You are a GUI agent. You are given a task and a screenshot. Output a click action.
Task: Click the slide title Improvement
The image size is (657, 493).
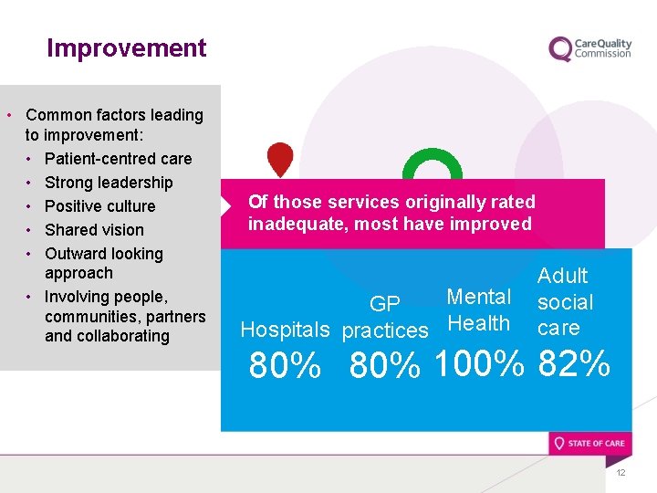[126, 48]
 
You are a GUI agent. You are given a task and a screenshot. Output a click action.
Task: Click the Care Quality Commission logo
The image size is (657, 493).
[589, 48]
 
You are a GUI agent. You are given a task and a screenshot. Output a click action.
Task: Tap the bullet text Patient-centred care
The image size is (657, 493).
[118, 159]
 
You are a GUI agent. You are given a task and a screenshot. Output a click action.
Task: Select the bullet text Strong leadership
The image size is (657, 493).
[108, 183]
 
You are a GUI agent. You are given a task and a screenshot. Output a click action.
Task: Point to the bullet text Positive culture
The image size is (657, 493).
[99, 206]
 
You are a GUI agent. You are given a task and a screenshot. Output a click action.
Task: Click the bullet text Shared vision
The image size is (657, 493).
[94, 230]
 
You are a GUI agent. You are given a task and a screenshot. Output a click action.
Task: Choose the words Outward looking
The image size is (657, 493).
[103, 254]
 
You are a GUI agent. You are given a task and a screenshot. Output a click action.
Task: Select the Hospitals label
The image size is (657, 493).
[285, 330]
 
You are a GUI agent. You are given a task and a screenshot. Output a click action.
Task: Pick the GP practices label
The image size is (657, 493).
[384, 318]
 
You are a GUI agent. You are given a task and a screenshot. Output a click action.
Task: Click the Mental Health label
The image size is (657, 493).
[478, 309]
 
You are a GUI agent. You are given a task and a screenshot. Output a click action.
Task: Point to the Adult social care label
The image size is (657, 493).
[564, 301]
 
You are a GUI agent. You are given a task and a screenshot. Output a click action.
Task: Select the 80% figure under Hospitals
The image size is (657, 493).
[285, 367]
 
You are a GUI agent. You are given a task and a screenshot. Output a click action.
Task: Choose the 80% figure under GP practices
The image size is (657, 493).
[384, 367]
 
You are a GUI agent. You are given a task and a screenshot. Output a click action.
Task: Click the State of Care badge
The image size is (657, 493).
[589, 444]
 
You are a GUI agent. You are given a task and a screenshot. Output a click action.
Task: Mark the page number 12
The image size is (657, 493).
[620, 472]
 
